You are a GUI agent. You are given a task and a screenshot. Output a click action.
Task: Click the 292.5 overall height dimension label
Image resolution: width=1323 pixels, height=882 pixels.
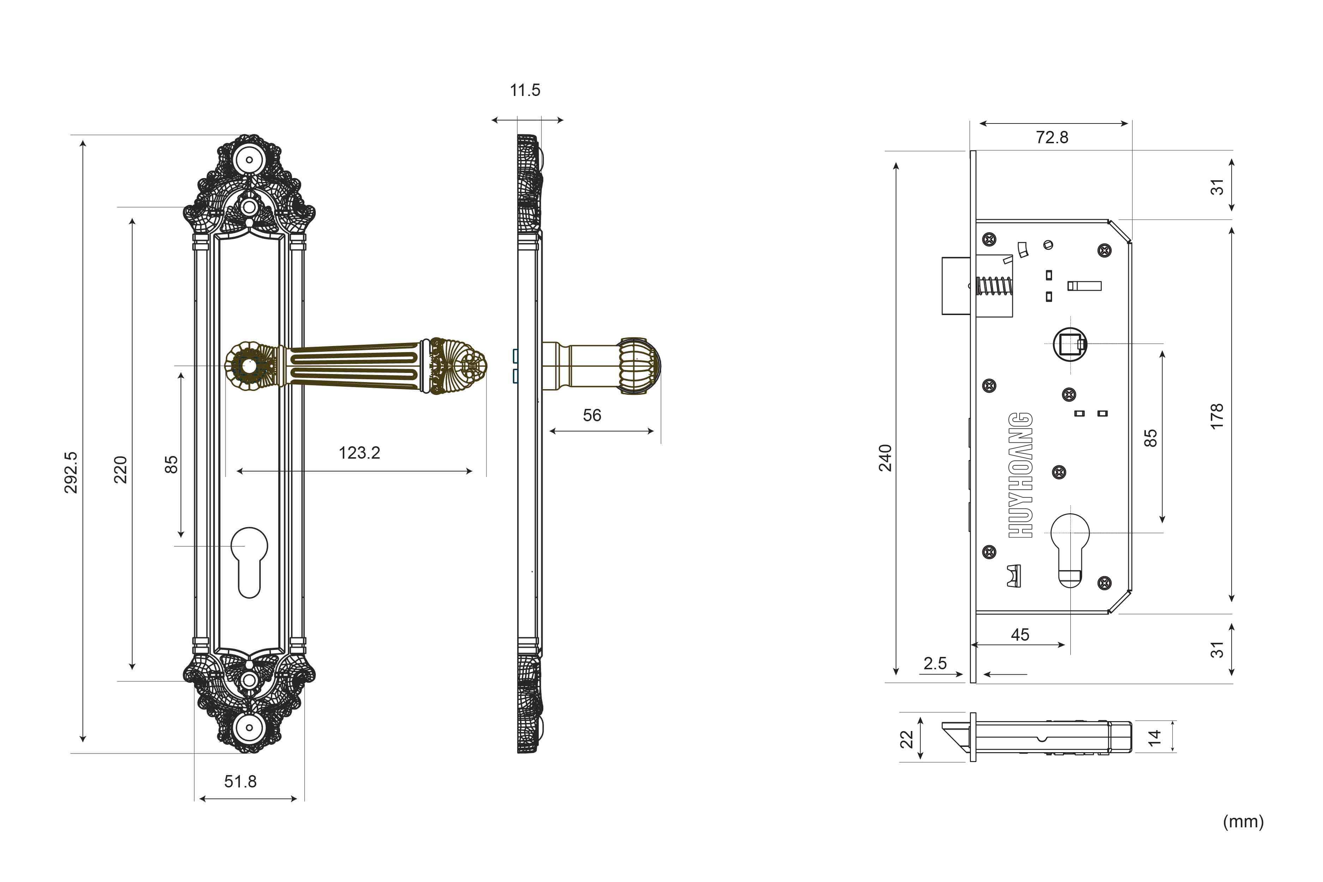coord(71,472)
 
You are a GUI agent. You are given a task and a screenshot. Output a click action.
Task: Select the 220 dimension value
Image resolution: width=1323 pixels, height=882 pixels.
coord(120,470)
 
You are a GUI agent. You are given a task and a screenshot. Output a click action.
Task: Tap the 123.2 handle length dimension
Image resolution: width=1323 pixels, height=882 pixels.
coord(360,453)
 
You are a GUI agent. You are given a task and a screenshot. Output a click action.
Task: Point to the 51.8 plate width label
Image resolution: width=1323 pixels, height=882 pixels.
coord(240,781)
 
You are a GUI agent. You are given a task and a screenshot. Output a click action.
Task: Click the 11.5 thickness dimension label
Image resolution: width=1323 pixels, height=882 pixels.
coord(525,90)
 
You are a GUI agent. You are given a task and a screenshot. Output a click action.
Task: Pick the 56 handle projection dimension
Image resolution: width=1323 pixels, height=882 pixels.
coord(592,415)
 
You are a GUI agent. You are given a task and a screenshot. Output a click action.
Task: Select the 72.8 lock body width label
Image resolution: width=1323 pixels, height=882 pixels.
coord(1052,137)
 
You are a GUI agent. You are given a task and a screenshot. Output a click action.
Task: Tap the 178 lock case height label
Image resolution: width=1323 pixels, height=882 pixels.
coord(1217,416)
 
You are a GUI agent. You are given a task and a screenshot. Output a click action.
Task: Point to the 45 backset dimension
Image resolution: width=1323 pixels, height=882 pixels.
coord(1020,634)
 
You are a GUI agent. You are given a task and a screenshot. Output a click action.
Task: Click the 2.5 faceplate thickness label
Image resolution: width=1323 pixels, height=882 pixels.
coord(935,663)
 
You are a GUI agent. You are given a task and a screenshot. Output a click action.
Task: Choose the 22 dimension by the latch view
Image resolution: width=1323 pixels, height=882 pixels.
coord(906,739)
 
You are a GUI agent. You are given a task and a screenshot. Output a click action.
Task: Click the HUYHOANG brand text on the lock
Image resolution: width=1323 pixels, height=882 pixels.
coord(1020,475)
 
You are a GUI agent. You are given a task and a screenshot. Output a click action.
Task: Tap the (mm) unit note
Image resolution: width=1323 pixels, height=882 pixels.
coord(1243,822)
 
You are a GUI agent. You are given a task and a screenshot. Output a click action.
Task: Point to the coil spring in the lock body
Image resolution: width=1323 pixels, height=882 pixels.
coord(994,286)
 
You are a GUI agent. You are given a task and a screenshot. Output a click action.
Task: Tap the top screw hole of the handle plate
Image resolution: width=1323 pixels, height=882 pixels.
coord(249,160)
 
